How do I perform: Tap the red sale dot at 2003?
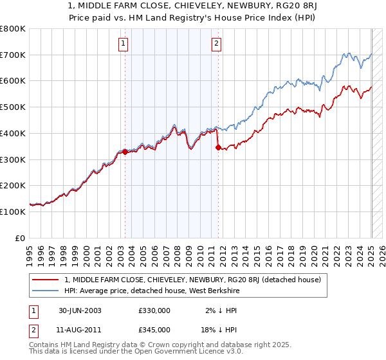tap(125, 152)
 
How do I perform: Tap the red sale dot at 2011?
tap(218, 148)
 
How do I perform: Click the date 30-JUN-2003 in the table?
tap(80, 310)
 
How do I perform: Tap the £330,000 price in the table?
tap(154, 310)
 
